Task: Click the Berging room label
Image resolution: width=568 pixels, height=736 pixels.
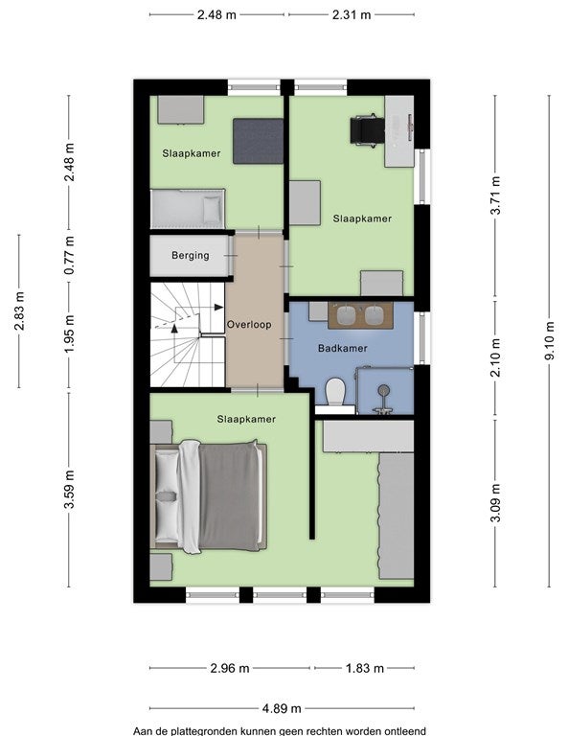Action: coord(190,255)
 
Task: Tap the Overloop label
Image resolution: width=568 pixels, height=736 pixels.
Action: coord(249,324)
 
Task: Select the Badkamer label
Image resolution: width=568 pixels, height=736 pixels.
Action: coord(342,348)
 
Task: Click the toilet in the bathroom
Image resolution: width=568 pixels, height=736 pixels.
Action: coord(335,392)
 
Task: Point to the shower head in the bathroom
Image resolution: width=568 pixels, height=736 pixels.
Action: coord(384,390)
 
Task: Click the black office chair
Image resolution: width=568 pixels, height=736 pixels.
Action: coord(367,130)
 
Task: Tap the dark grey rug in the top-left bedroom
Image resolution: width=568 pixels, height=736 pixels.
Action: coord(259,141)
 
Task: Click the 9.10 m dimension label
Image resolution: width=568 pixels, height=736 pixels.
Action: coord(549,341)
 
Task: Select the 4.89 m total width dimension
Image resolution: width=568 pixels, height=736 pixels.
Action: coord(282,708)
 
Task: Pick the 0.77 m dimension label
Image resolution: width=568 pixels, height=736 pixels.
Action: coord(69,255)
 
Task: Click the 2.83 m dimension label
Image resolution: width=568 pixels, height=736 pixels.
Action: coord(19,310)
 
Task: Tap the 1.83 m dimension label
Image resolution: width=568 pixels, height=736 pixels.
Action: coord(364,667)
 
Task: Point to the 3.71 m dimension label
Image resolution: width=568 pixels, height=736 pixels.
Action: coord(495,195)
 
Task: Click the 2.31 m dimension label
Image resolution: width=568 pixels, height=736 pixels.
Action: coord(352,14)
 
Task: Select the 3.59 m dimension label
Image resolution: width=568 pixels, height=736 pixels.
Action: coord(69,489)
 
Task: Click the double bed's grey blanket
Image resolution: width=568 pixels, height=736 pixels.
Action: coord(229,495)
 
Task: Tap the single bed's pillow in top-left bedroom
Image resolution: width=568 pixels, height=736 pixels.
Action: coord(212,209)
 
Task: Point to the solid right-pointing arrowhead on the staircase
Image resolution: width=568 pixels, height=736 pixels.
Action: coord(218,307)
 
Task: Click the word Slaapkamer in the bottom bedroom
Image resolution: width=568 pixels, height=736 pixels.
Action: coord(246,419)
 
